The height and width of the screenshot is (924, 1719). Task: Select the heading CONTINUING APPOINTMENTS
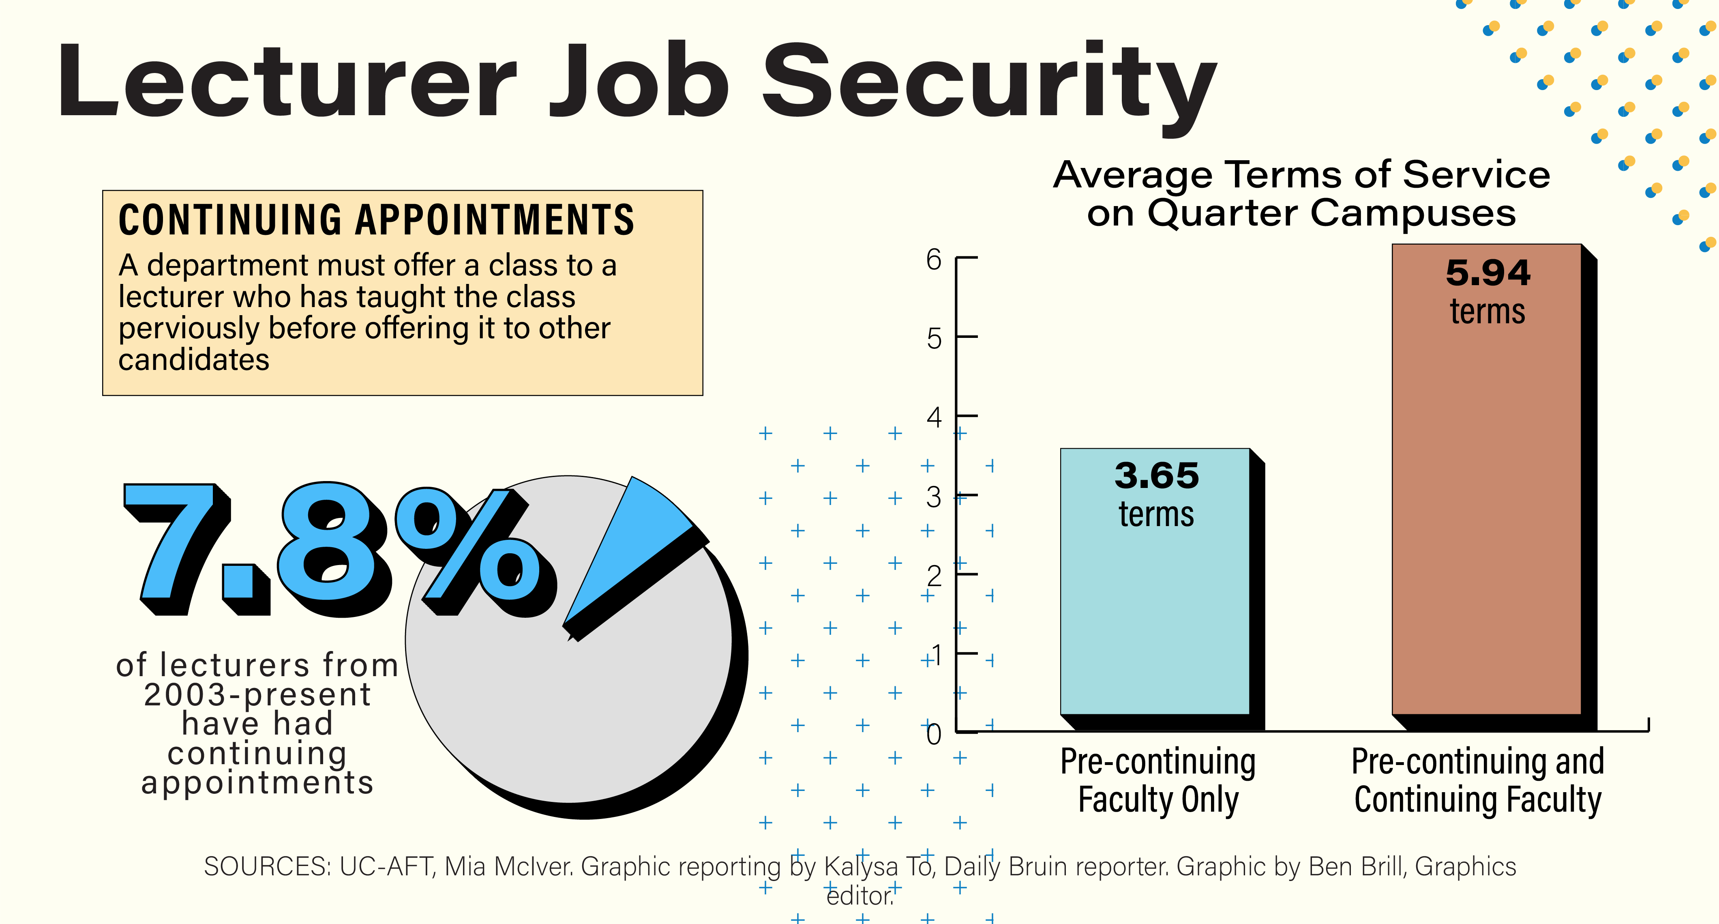[x=376, y=220]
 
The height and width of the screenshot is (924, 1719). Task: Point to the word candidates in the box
[x=193, y=360]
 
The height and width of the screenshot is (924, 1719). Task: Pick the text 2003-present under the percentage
[x=257, y=694]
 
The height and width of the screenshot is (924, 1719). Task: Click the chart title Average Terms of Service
[x=1301, y=175]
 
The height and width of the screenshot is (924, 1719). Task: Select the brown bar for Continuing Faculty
[x=1486, y=521]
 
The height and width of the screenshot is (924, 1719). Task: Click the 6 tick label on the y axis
[x=934, y=259]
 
